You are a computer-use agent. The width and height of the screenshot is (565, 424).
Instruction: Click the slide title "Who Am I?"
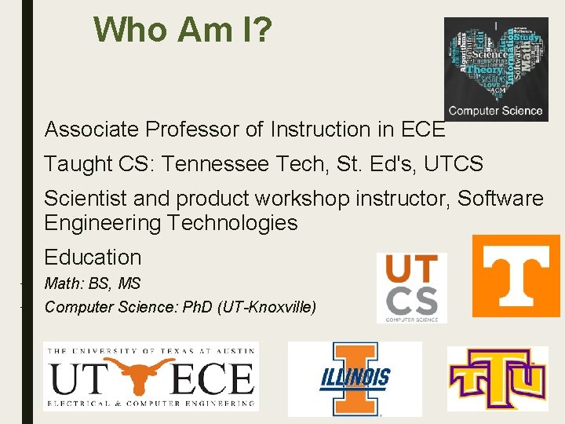click(x=183, y=31)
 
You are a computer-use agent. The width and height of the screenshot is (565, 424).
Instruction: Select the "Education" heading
click(x=93, y=258)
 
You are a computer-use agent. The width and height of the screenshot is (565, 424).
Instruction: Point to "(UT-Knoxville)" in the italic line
click(x=268, y=306)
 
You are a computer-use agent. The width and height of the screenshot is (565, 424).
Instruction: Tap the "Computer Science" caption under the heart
click(x=495, y=111)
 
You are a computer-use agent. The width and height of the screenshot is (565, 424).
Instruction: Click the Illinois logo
click(x=355, y=378)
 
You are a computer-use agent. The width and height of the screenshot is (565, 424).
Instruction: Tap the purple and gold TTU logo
click(x=498, y=378)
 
